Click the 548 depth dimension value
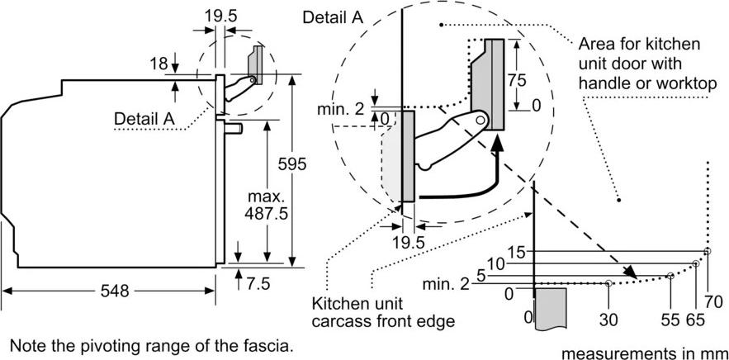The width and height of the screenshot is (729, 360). [115, 291]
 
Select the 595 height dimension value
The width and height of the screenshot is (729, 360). [291, 164]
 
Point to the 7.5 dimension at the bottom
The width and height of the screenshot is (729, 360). [258, 283]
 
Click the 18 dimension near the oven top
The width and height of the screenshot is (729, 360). [159, 64]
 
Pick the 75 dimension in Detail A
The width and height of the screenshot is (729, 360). [517, 80]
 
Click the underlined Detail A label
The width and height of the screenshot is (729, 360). [144, 119]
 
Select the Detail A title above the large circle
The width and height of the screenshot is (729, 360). [333, 17]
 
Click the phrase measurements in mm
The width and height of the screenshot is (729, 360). [643, 353]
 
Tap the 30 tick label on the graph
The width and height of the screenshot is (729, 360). [608, 320]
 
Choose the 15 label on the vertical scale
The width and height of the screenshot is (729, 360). [516, 253]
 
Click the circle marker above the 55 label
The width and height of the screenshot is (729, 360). [670, 276]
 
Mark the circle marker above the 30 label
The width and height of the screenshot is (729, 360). [608, 282]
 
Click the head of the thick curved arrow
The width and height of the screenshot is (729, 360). [498, 141]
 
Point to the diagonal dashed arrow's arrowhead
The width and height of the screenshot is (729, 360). [630, 272]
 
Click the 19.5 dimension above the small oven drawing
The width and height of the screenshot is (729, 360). [220, 16]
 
